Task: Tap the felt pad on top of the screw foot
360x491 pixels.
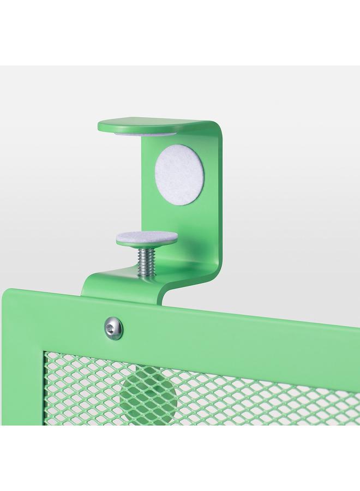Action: click(147, 237)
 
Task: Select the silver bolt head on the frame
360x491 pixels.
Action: click(113, 327)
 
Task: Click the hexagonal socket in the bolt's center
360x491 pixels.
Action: click(113, 327)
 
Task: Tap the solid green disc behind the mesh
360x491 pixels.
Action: click(148, 394)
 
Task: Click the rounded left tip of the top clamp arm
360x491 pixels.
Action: click(101, 127)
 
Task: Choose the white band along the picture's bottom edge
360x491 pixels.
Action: click(180, 458)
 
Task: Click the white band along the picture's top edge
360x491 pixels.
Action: click(180, 33)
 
